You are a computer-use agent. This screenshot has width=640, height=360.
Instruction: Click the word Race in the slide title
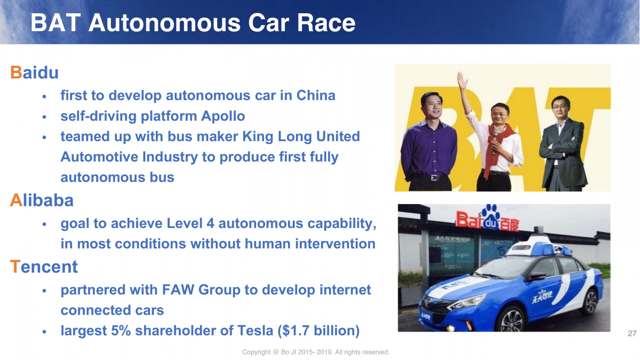pos(326,23)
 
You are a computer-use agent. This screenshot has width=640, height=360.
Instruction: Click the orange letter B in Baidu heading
pos(16,72)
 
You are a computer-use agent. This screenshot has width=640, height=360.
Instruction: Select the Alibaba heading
pos(42,200)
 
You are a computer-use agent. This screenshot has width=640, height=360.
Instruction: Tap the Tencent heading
pos(44,266)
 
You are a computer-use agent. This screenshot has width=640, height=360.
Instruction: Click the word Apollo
pos(223,116)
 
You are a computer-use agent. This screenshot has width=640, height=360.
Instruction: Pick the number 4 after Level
pos(210,223)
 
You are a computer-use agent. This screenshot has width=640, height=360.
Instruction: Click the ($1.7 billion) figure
pos(318,330)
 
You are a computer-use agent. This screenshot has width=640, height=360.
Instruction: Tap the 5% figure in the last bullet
pos(121,330)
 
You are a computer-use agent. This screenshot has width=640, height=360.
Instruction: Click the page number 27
pos(632,334)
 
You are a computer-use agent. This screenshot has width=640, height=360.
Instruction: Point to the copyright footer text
pos(316,352)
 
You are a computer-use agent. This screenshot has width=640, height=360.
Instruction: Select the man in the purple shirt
pos(429,142)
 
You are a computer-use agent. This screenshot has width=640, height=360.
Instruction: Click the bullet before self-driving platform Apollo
pos(44,117)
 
